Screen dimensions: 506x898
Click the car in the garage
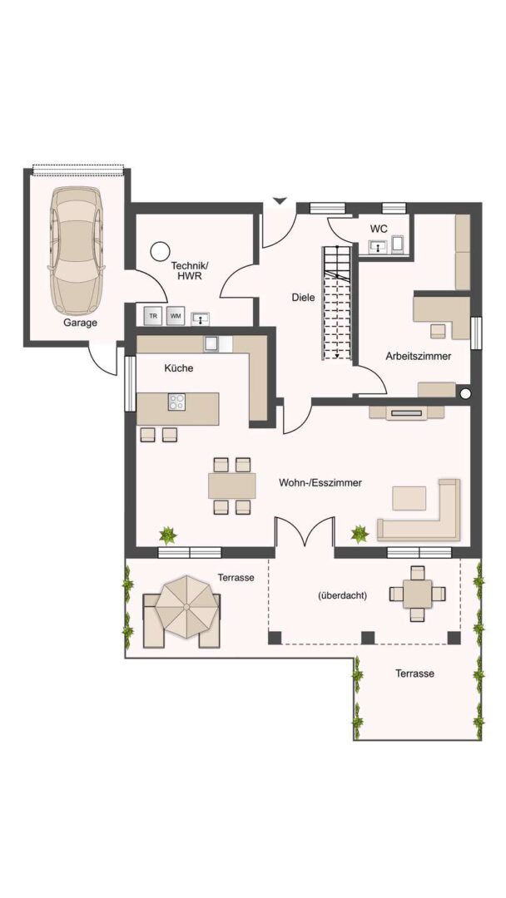click(77, 251)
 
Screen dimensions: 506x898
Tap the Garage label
click(80, 323)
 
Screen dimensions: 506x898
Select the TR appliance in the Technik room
click(153, 316)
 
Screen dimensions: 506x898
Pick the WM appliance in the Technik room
click(176, 316)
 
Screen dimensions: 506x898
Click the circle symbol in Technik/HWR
click(160, 251)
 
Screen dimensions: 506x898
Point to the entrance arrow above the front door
click(279, 200)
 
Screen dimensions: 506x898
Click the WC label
click(378, 229)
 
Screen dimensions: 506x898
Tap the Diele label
click(304, 298)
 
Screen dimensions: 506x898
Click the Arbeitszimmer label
click(419, 356)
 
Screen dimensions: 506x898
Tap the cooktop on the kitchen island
click(177, 402)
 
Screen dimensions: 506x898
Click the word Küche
click(179, 368)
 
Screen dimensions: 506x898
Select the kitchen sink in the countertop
click(212, 343)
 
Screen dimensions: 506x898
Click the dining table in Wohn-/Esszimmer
click(232, 485)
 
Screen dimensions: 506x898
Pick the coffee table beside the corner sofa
click(409, 498)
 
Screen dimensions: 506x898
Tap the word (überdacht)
click(342, 595)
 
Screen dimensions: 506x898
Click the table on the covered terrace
click(417, 594)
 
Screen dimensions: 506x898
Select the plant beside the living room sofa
click(360, 534)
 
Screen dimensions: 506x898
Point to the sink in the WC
click(378, 246)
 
